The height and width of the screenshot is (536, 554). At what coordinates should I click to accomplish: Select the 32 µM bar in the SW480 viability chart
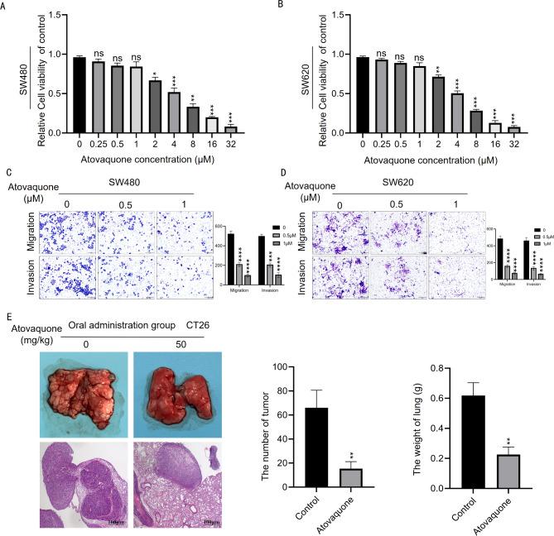[233, 129]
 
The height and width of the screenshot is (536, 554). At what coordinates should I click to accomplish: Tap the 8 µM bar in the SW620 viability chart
[476, 122]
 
